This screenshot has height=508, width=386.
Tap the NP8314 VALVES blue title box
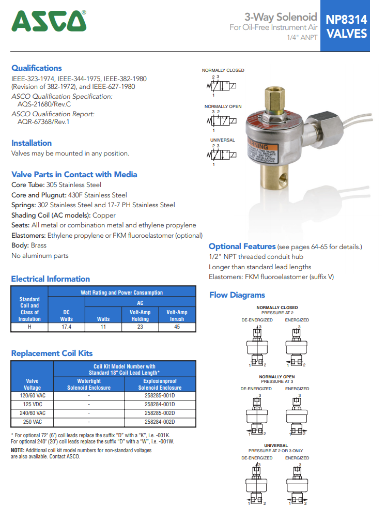[346, 26]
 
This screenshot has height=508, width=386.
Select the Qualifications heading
[37, 68]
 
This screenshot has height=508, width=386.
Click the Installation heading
[32, 143]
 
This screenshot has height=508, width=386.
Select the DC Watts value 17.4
[66, 327]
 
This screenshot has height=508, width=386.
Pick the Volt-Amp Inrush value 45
[177, 327]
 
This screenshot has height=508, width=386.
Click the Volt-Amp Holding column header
[140, 315]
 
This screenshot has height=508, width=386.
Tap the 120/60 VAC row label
[32, 395]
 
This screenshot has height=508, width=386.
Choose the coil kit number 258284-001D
[160, 404]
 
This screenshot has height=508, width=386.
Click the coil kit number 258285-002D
[160, 413]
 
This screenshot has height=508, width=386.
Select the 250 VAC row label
[32, 422]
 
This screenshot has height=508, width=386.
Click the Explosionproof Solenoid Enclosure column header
[160, 384]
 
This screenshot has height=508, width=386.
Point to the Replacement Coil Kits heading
[52, 353]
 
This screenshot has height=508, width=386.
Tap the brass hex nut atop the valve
[273, 96]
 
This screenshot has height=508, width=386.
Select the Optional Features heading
[242, 247]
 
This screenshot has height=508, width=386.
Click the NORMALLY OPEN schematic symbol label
[223, 106]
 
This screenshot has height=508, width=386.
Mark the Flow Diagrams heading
[237, 295]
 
